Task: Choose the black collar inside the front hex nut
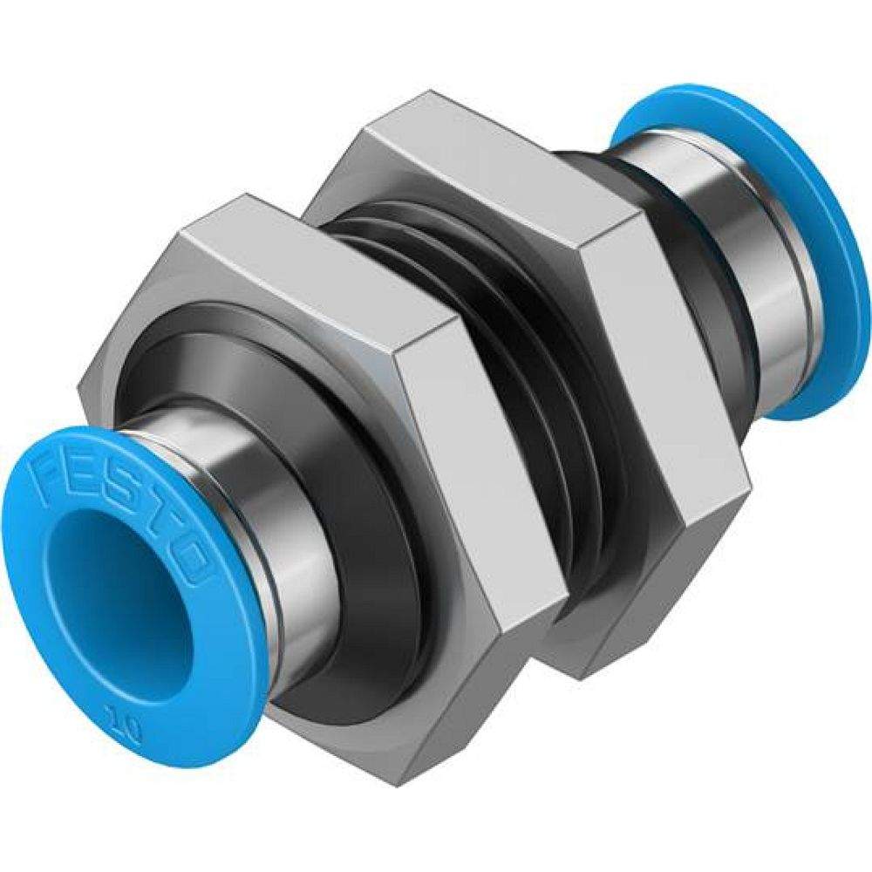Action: [x=366, y=523]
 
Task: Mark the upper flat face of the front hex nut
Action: [x=305, y=262]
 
